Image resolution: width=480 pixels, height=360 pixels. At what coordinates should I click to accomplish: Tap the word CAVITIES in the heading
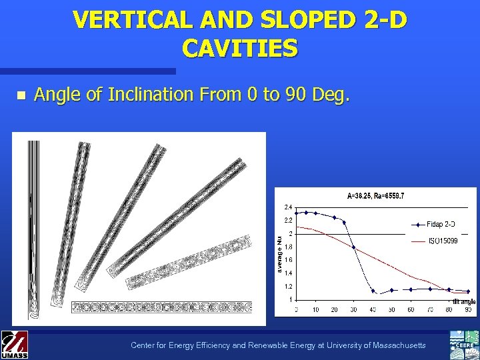(239, 48)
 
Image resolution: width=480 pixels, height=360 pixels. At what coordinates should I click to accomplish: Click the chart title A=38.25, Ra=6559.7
(376, 196)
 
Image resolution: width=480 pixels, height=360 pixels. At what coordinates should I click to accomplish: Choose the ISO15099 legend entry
(443, 241)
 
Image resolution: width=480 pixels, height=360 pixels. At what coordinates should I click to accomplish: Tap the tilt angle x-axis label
(464, 302)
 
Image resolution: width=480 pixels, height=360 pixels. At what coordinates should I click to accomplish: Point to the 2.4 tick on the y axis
(289, 206)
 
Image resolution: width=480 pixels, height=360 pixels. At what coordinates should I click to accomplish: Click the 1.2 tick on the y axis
(289, 286)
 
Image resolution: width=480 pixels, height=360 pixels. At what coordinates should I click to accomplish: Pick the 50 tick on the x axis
(391, 310)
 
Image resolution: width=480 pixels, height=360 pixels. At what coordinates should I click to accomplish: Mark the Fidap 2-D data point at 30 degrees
(353, 248)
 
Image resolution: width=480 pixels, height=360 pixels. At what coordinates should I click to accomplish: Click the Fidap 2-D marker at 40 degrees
(373, 292)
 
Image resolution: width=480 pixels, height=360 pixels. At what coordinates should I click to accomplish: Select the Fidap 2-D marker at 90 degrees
(468, 291)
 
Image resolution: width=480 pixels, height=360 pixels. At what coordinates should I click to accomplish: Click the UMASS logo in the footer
(14, 345)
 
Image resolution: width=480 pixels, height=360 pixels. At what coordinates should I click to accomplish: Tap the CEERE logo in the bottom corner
(465, 345)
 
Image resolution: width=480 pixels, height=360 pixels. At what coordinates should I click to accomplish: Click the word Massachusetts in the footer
(394, 345)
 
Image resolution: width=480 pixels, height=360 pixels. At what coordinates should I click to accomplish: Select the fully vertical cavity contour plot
(33, 227)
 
